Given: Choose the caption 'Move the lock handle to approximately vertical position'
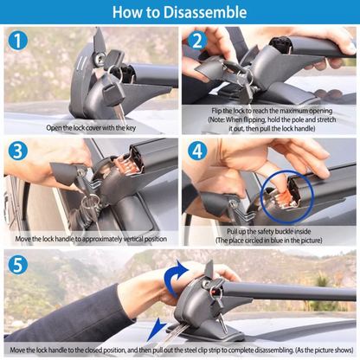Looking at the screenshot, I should (x=90, y=239).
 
